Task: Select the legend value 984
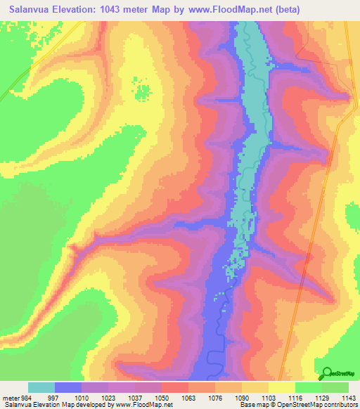[26, 397]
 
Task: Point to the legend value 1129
[322, 397]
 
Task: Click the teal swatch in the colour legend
[41, 387]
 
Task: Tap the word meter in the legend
[10, 397]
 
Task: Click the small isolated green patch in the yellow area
[143, 91]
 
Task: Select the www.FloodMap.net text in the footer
[143, 405]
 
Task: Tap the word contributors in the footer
[340, 405]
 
